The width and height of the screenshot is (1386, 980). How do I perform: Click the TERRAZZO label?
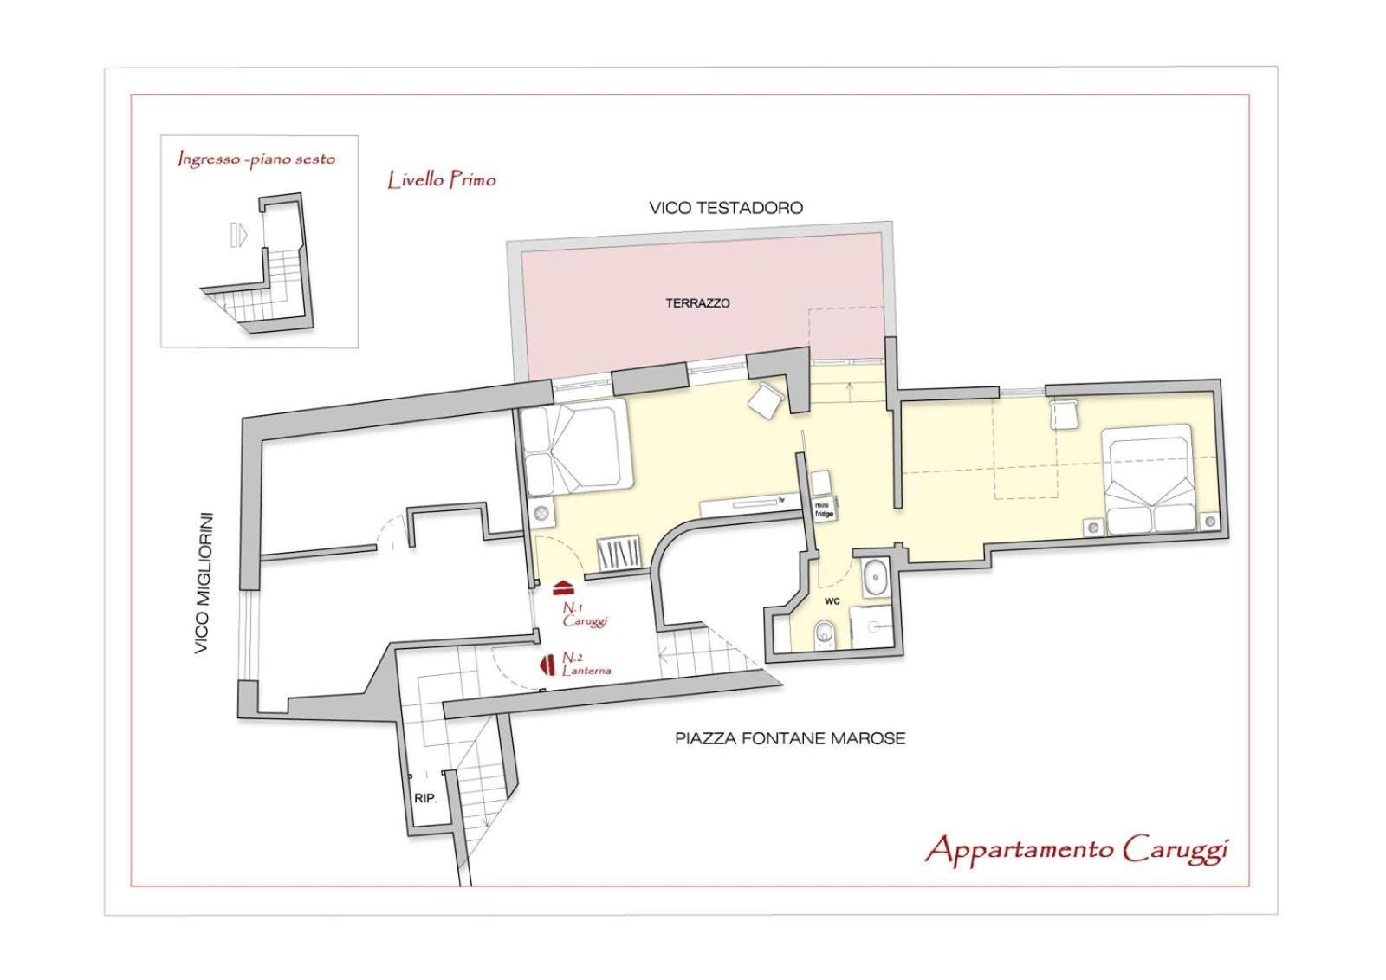[x=697, y=303]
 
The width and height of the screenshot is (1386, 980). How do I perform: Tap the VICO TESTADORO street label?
[x=726, y=208]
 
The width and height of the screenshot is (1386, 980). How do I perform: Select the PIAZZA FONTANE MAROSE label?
[x=790, y=738]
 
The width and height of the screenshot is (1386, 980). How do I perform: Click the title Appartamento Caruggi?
[x=1076, y=850]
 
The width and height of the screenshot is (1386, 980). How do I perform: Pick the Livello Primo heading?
[x=442, y=180]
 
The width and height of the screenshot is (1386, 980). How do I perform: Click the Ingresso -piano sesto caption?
[x=256, y=159]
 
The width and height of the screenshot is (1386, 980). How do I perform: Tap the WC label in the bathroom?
[x=832, y=601]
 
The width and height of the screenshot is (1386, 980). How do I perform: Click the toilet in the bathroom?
[x=824, y=635]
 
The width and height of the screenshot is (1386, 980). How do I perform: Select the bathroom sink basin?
[x=875, y=578]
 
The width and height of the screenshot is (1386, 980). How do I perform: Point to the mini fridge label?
[x=824, y=509]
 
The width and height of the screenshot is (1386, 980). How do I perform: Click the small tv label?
[x=781, y=498]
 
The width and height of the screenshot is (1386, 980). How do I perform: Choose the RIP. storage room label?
[x=425, y=799]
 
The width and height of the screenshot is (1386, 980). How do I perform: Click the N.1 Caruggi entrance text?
[x=585, y=615]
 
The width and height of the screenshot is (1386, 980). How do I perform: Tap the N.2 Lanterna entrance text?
[x=586, y=665]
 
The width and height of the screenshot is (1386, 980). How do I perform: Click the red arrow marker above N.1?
[x=564, y=586]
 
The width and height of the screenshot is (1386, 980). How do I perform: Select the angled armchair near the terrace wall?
[x=766, y=400]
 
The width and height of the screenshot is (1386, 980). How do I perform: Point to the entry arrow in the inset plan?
[x=238, y=235]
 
